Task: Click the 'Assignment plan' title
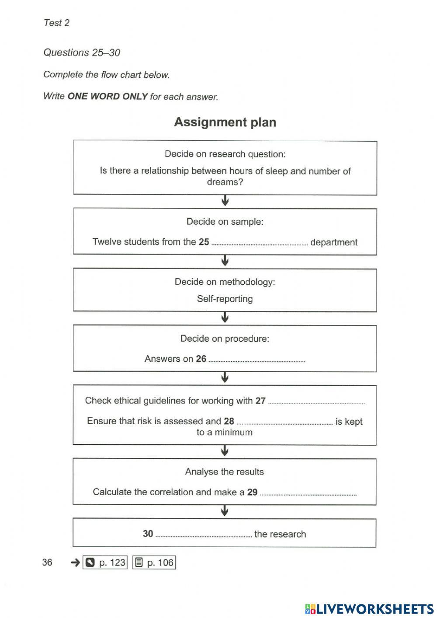coord(225,122)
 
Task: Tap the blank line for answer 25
coord(260,243)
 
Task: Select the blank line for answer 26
coord(257,360)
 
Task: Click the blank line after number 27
coord(316,402)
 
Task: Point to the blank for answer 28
coord(284,422)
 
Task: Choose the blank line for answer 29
coord(308,493)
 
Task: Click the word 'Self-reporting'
coord(225,299)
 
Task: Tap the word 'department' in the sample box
coord(334,242)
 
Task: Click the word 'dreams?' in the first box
coord(225,182)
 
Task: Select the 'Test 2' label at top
coord(56,23)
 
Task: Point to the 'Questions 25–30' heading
coord(82,52)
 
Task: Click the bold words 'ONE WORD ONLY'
coord(108,96)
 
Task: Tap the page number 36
coord(47,562)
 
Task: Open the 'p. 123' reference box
coord(106,562)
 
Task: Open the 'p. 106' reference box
coord(154,562)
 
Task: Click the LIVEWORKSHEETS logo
coord(369,609)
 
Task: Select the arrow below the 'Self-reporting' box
coord(225,318)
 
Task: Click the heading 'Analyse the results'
coord(224,471)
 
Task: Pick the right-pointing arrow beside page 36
coord(75,562)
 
